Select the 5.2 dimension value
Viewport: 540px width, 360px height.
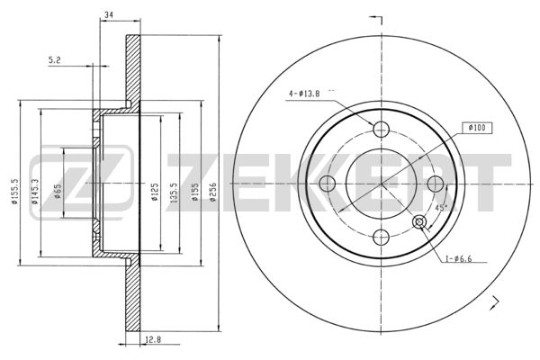point(55,60)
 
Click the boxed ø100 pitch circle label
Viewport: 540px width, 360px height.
point(476,128)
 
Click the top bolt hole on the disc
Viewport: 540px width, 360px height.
point(382,129)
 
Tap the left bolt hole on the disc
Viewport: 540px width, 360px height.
point(328,183)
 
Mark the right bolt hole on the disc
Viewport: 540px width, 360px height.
point(436,183)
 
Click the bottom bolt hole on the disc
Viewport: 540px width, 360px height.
point(382,237)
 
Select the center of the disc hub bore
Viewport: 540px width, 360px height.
point(382,183)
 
